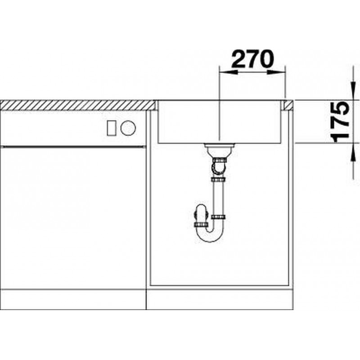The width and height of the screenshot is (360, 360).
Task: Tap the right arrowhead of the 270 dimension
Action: pyautogui.click(x=276, y=72)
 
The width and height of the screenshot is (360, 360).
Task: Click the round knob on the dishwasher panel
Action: pyautogui.click(x=128, y=128)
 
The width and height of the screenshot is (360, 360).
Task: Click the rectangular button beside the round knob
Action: pyautogui.click(x=112, y=128)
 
